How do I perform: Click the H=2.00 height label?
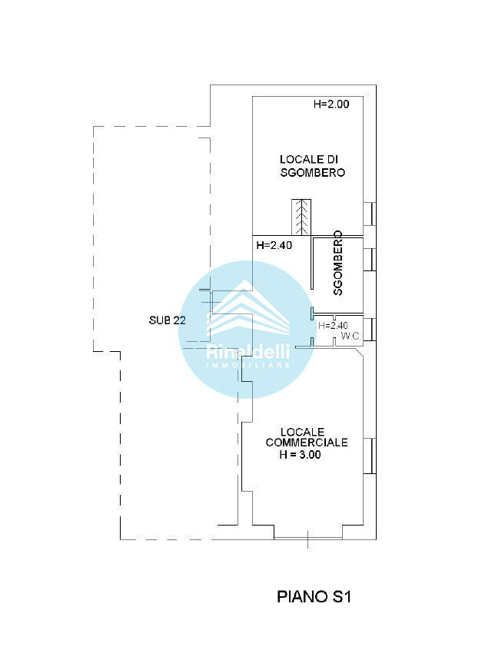331,104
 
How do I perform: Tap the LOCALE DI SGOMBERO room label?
312,166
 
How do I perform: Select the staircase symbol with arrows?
301,217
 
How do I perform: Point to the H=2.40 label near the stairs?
274,245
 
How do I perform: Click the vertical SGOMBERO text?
338,263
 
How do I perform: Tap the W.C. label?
350,336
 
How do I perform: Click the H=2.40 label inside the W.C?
333,325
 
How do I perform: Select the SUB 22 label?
167,320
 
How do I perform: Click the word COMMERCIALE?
307,443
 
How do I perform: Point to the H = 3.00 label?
300,455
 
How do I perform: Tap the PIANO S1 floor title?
314,596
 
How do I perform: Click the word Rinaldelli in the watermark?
248,351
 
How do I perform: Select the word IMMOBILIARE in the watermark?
248,365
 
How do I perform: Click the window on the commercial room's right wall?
370,456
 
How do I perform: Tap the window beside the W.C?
370,330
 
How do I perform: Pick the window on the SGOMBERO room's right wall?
370,260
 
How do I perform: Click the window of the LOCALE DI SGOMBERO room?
370,214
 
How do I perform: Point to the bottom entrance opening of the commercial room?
308,538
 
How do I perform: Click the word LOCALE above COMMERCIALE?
303,432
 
